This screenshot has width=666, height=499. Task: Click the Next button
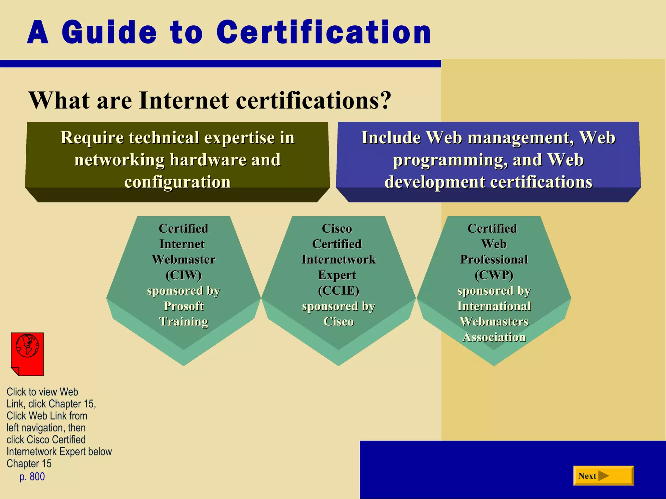(x=603, y=476)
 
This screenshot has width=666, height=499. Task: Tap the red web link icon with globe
(x=27, y=354)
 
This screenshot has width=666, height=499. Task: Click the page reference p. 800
(x=32, y=477)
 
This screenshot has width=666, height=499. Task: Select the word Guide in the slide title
(x=109, y=32)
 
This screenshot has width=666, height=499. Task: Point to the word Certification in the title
(x=324, y=32)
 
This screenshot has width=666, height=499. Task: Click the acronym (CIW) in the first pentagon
(x=184, y=275)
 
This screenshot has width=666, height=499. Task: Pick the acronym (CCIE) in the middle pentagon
(x=339, y=290)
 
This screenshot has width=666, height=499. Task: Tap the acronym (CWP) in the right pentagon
(x=494, y=275)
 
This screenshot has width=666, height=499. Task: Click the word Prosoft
(x=184, y=306)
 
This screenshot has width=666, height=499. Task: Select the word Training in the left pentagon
(x=184, y=322)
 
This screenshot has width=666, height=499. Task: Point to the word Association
(x=494, y=337)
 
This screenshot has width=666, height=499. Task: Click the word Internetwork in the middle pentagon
(x=339, y=260)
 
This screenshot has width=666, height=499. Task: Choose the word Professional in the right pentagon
(x=494, y=260)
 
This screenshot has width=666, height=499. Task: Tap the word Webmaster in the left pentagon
(x=184, y=260)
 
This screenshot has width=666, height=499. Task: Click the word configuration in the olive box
(x=178, y=182)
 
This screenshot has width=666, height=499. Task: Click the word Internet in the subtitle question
(x=184, y=100)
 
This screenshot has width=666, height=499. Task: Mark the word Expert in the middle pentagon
(x=337, y=275)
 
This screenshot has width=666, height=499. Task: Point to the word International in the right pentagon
(x=494, y=306)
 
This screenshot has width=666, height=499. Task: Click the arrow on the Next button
(x=604, y=476)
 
